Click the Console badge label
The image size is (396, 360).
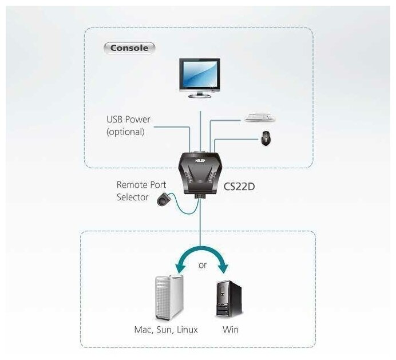click(x=129, y=48)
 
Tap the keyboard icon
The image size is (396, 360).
click(x=260, y=118)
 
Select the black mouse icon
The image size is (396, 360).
click(x=266, y=138)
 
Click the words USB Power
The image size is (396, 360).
click(x=128, y=120)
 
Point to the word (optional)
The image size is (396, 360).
click(x=125, y=132)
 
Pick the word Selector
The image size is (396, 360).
click(x=132, y=197)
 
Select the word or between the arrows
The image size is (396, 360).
click(x=203, y=265)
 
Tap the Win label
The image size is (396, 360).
click(x=231, y=330)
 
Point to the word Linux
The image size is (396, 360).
click(x=187, y=330)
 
